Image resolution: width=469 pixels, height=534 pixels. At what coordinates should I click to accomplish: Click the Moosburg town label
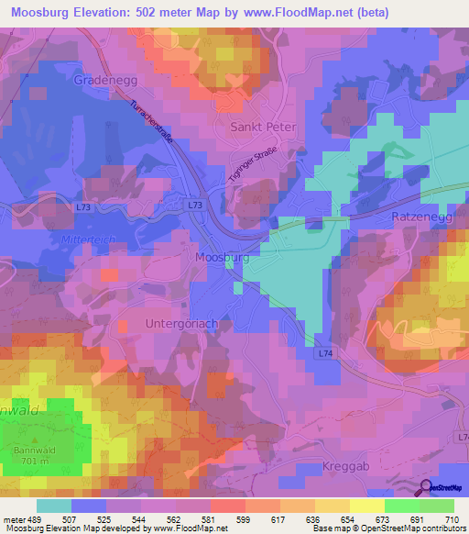tap(222, 259)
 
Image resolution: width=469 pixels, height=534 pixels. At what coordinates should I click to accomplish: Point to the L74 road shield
tap(327, 352)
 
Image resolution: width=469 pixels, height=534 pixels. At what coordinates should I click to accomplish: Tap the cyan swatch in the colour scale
tap(54, 506)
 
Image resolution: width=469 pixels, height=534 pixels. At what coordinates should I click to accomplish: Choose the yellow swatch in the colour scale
tap(367, 506)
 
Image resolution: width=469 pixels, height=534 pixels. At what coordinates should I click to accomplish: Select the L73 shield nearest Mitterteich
tap(84, 208)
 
